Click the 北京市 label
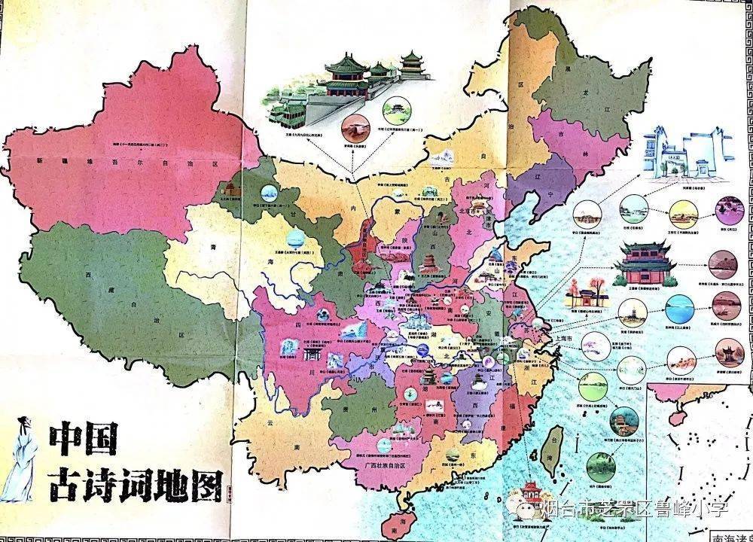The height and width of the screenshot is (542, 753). coord(468,212)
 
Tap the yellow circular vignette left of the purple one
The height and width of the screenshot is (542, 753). coord(684,212)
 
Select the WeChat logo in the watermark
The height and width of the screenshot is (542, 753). coord(525,510)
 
